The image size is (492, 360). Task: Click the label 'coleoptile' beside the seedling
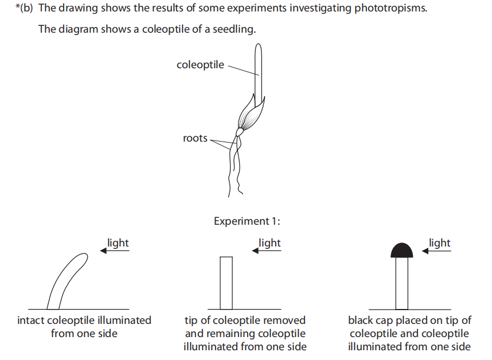click(x=200, y=65)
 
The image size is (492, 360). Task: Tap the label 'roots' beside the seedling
click(x=195, y=138)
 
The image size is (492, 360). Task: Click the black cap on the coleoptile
click(x=401, y=250)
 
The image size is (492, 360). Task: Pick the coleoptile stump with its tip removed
click(x=226, y=283)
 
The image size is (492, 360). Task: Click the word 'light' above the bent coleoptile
click(x=118, y=242)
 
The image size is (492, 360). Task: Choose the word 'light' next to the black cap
click(x=440, y=242)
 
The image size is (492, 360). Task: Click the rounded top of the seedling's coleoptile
click(x=259, y=47)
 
